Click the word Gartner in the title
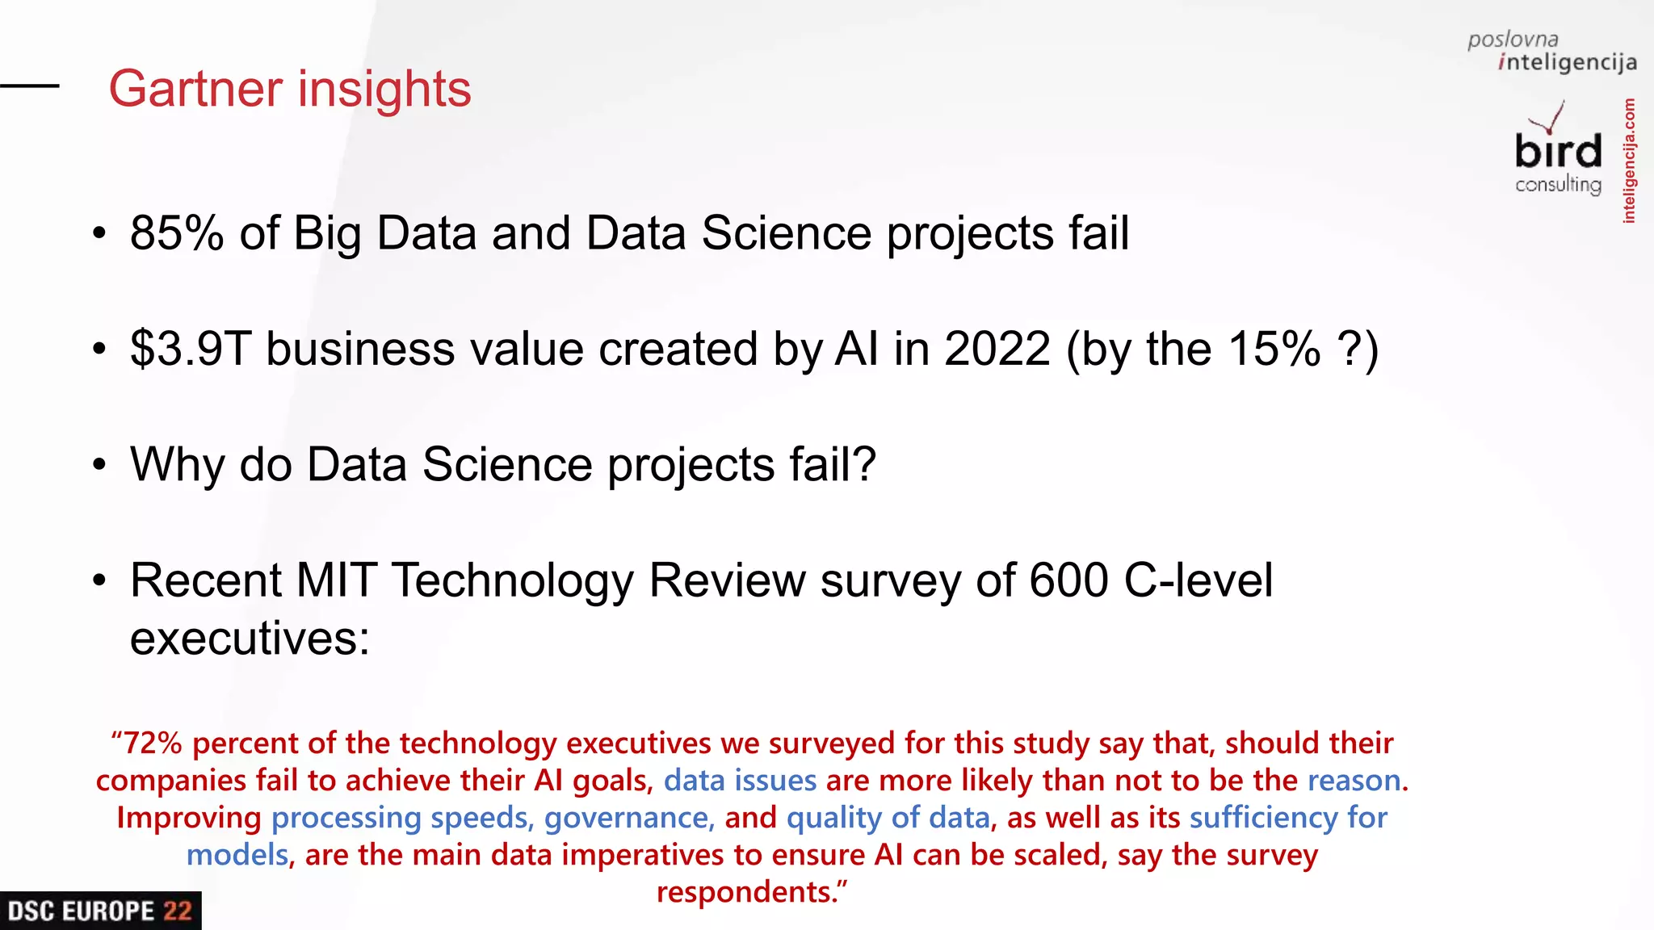195,88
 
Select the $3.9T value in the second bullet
191,349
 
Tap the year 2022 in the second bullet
997,349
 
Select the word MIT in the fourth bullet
335,580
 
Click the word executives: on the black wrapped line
250,639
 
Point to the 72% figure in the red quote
152,743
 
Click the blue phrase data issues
740,781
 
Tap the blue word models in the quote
237,855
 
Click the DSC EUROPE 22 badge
100,911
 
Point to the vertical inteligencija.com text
1629,161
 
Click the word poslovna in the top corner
1513,40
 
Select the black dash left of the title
30,86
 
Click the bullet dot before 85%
99,234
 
